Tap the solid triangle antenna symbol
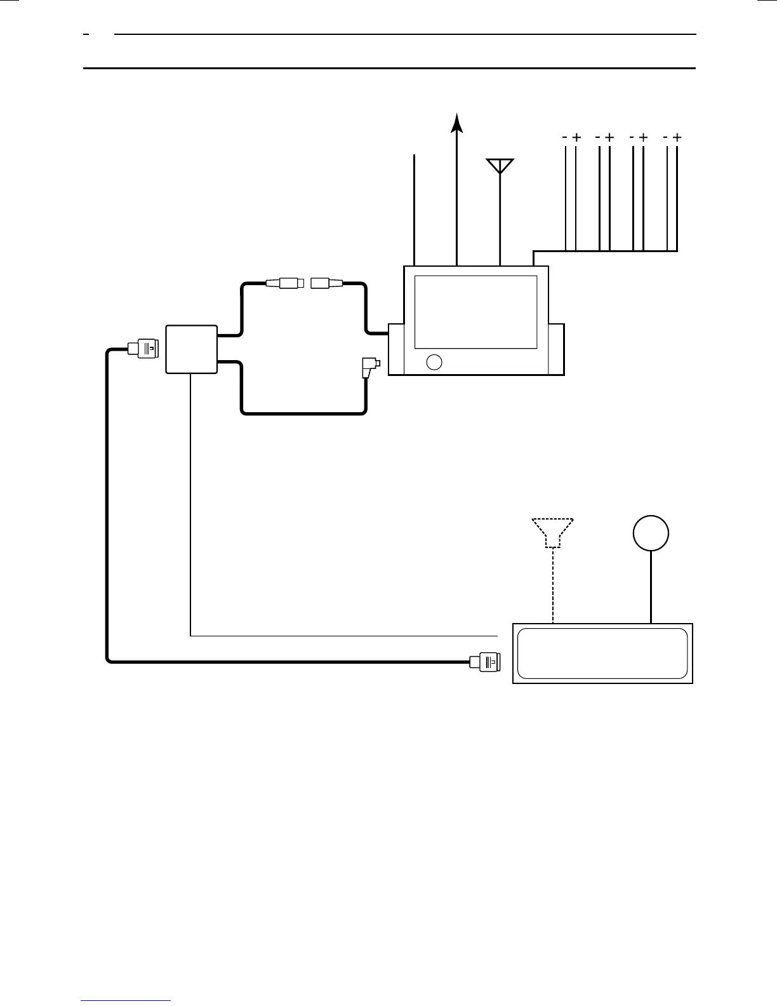pyautogui.click(x=500, y=165)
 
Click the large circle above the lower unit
pyautogui.click(x=651, y=533)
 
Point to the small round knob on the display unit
pyautogui.click(x=434, y=362)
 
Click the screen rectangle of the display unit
pyautogui.click(x=475, y=312)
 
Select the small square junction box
pyautogui.click(x=191, y=349)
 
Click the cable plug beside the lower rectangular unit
pyautogui.click(x=486, y=662)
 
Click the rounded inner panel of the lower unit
pyautogui.click(x=602, y=654)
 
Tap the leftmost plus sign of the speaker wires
pyautogui.click(x=576, y=137)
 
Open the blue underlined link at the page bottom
pyautogui.click(x=126, y=1000)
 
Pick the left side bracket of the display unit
pyautogui.click(x=395, y=349)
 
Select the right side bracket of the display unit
pyautogui.click(x=556, y=349)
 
